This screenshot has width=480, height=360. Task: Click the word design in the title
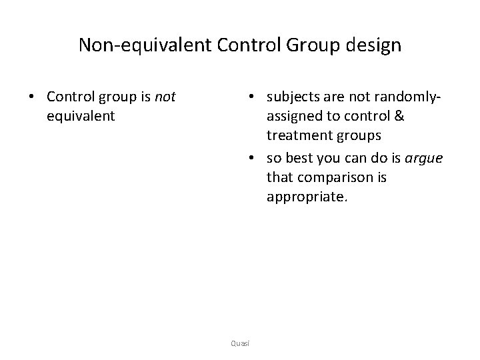pos(375,45)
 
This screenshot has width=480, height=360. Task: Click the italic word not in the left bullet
pos(164,97)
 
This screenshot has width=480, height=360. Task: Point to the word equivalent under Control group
pos(81,116)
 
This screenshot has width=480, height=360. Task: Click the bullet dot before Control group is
pos(32,97)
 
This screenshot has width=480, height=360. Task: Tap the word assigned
pos(294,116)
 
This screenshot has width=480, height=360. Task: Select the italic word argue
pos(424,159)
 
